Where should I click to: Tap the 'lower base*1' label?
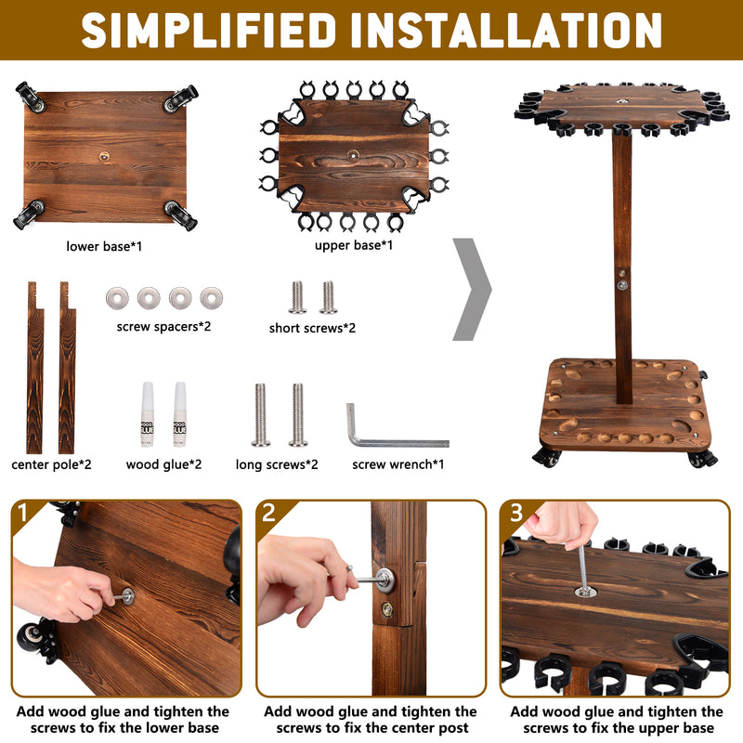tap(104, 246)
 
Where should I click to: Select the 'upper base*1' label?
tap(353, 245)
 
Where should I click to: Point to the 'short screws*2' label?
tap(312, 328)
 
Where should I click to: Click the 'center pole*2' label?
tap(51, 463)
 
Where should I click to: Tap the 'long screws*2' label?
tap(277, 463)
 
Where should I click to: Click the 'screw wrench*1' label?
tap(397, 463)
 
